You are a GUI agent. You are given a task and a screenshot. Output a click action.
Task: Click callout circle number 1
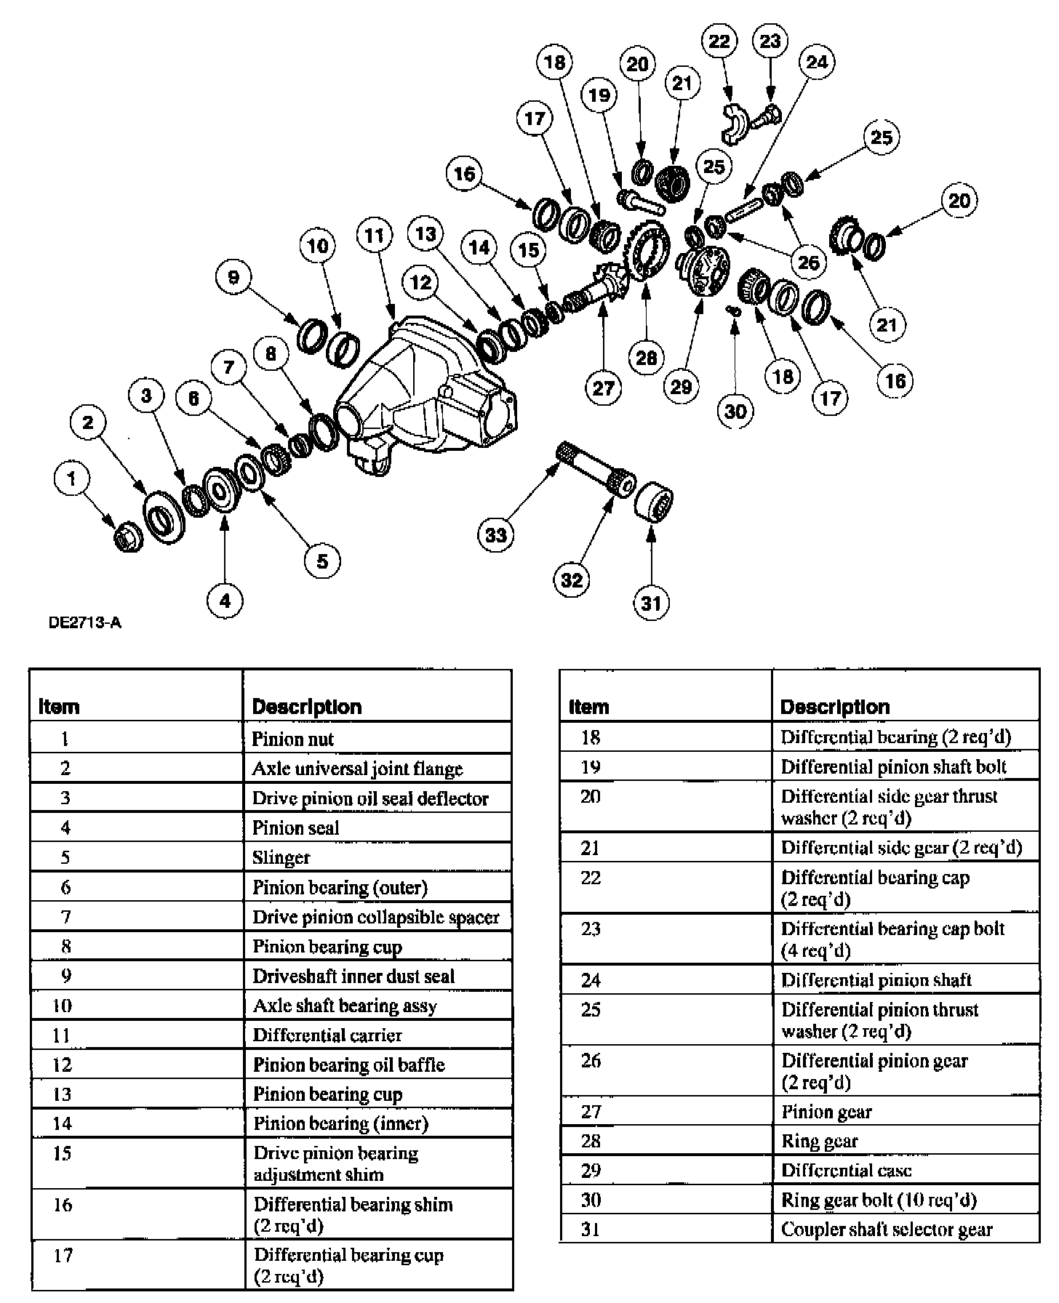[x=71, y=478]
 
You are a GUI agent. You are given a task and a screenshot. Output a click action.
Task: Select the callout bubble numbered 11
[x=374, y=236]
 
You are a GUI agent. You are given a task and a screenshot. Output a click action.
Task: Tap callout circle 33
[x=496, y=535]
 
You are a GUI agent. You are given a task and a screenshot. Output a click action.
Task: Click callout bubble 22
[x=719, y=41]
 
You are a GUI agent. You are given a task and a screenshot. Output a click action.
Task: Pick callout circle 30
[x=735, y=411]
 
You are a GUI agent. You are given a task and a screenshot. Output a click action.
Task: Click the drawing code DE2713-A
[x=85, y=622]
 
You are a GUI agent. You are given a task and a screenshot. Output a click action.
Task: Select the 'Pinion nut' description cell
[x=292, y=739]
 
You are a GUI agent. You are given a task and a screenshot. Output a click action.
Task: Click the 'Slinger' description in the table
[x=281, y=858]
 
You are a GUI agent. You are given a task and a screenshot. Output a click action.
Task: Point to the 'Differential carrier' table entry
[x=327, y=1035]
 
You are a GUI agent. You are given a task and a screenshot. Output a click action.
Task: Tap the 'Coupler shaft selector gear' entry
[x=887, y=1230]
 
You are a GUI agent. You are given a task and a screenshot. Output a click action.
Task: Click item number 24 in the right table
[x=591, y=980]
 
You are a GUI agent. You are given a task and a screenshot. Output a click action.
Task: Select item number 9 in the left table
[x=65, y=976]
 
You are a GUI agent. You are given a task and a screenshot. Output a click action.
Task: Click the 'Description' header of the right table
[x=834, y=707]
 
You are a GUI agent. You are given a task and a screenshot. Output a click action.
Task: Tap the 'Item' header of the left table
[x=59, y=707]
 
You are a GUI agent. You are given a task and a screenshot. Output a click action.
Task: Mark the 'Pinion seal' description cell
[x=295, y=828]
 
